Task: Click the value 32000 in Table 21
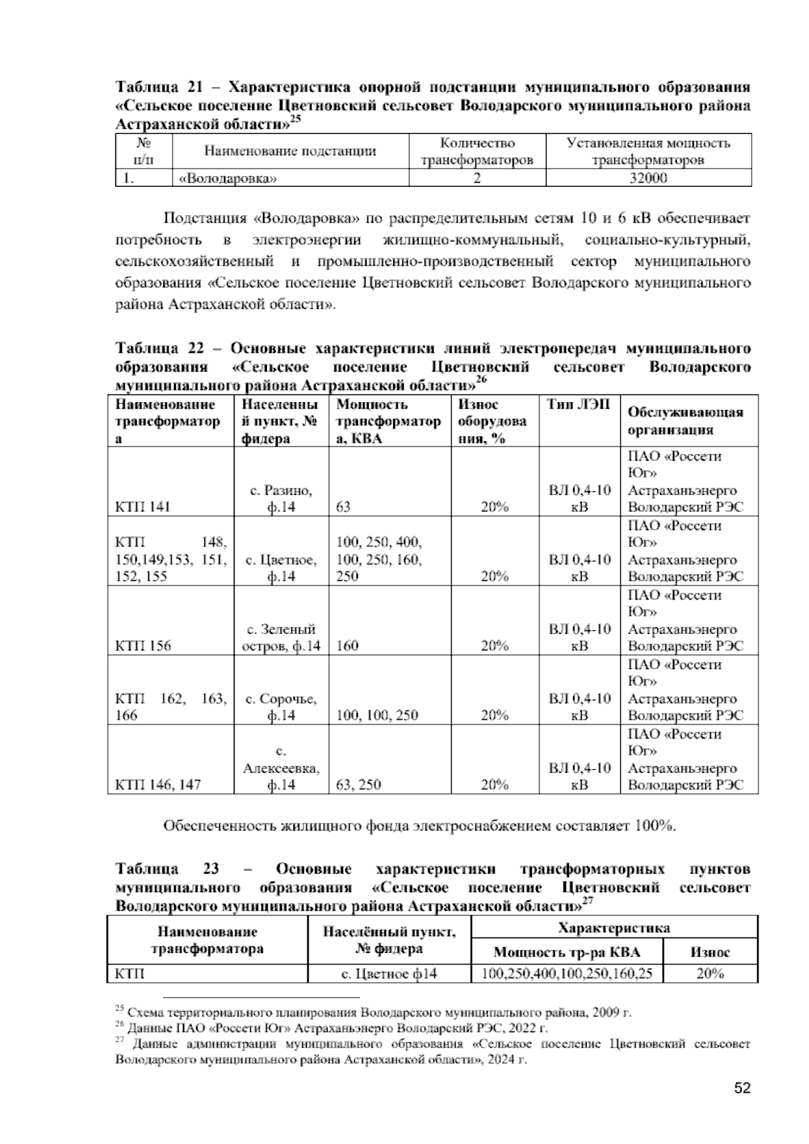click(x=648, y=178)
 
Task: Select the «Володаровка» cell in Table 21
click(x=227, y=179)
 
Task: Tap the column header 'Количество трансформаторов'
click(x=477, y=152)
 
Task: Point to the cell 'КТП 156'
click(x=143, y=646)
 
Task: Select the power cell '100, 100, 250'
click(x=377, y=715)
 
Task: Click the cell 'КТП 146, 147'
click(x=158, y=784)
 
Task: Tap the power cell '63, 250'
click(x=358, y=784)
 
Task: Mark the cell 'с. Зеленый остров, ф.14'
click(x=281, y=637)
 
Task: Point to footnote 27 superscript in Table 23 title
click(x=587, y=900)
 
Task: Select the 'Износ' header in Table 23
click(x=710, y=952)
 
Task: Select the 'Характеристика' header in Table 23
click(x=613, y=927)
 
